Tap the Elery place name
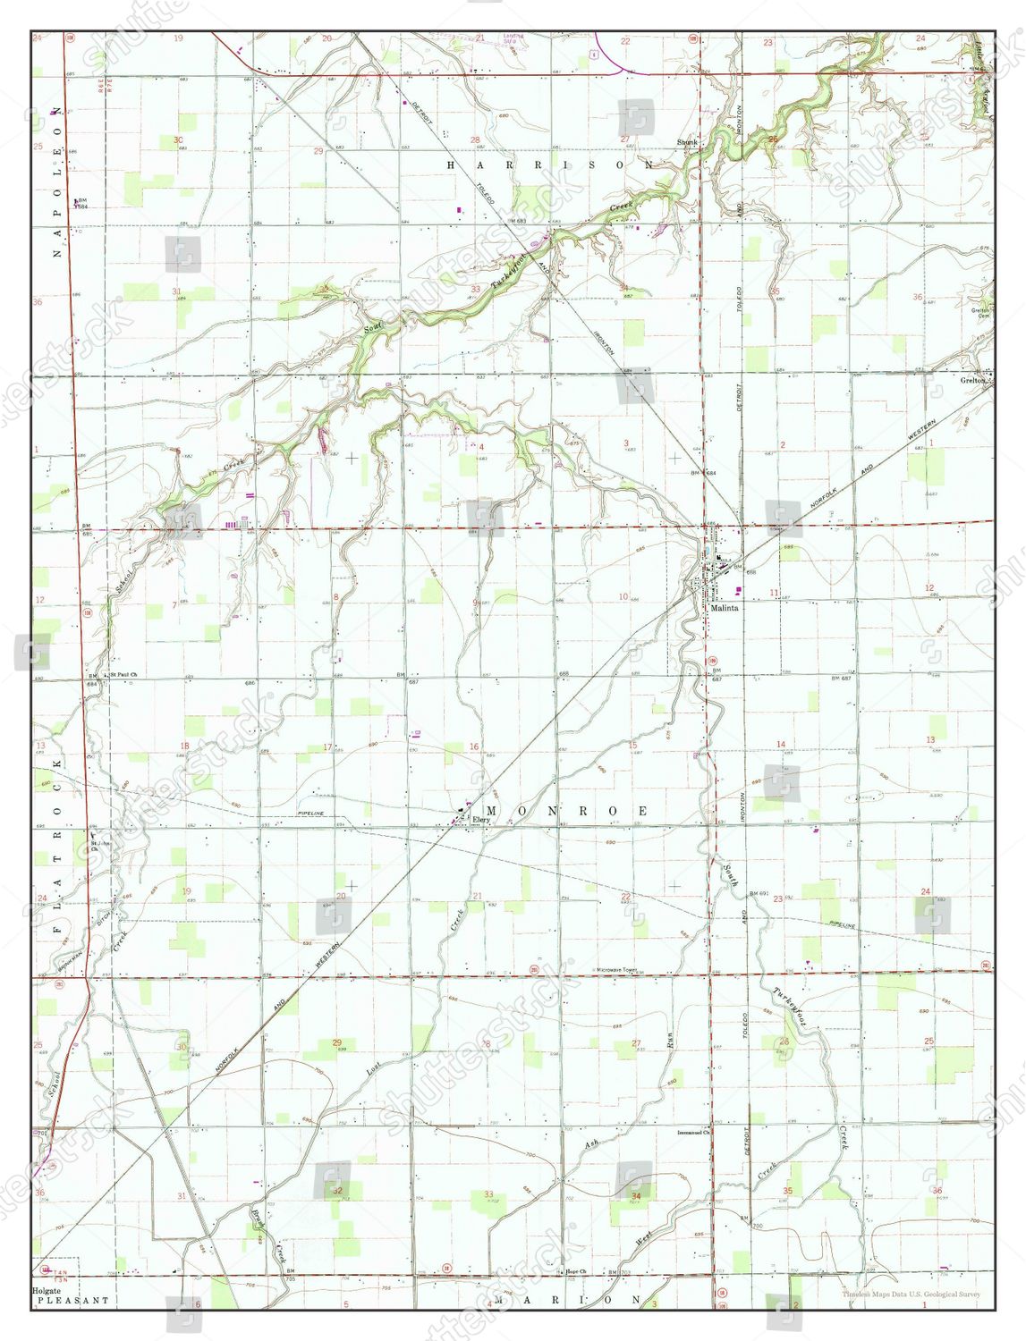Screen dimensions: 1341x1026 483,818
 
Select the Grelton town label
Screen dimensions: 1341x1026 972,380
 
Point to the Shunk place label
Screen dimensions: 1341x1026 687,142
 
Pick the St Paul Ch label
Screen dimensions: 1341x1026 122,674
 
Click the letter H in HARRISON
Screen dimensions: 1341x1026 452,165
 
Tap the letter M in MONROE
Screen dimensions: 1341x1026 491,810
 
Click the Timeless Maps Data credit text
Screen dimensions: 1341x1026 911,1294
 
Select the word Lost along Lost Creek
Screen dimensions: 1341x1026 374,1067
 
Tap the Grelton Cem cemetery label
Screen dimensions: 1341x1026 982,314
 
